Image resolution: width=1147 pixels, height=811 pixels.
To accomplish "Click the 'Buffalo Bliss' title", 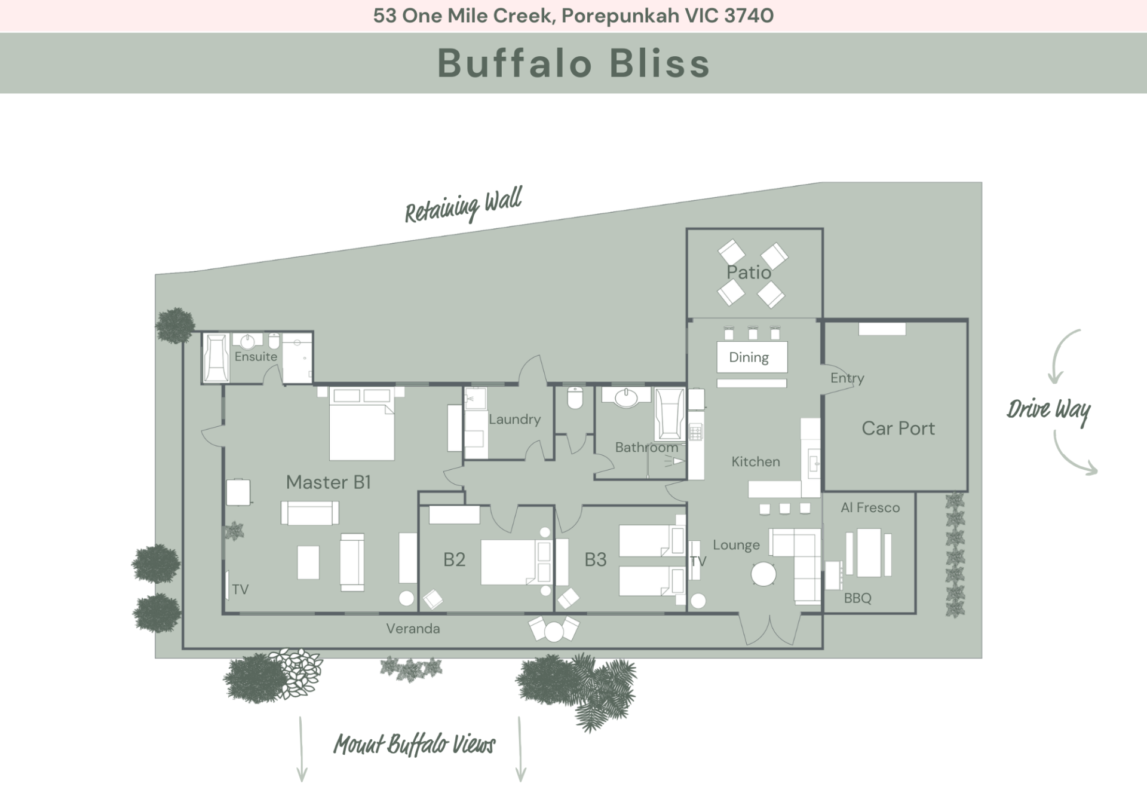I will coord(573,63).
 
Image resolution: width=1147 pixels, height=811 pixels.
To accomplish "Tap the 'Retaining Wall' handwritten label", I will coord(463,205).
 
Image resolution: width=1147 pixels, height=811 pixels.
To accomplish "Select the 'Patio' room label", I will coord(749,273).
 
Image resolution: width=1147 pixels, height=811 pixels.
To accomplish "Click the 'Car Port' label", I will coord(898,428).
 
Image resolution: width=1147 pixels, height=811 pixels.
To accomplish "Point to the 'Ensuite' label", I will coord(256,357).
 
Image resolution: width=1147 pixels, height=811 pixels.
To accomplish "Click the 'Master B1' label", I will coord(329,482).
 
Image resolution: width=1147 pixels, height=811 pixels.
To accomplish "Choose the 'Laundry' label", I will coord(514,420).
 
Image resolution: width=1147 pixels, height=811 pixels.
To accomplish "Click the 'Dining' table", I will coord(752,357).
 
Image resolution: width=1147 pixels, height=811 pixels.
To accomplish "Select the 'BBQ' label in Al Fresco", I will coord(857,598).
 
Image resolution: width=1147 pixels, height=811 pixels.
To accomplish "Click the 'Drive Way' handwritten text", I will coord(1048,410).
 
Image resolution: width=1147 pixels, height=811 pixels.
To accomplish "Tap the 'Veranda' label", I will coord(413,629).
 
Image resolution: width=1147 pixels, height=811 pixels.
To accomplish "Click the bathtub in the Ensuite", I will coord(216,357).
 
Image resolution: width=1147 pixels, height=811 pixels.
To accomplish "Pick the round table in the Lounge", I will coord(763,575).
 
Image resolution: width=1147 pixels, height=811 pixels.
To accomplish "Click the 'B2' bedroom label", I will coord(454,559).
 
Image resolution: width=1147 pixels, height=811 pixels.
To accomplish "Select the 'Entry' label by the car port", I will coord(847,378).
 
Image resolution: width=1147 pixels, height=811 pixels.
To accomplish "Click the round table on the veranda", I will coord(554,632).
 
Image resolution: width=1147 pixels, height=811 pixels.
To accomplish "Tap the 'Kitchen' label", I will coord(756,461).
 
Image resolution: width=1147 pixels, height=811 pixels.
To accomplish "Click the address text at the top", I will coord(573,16).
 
